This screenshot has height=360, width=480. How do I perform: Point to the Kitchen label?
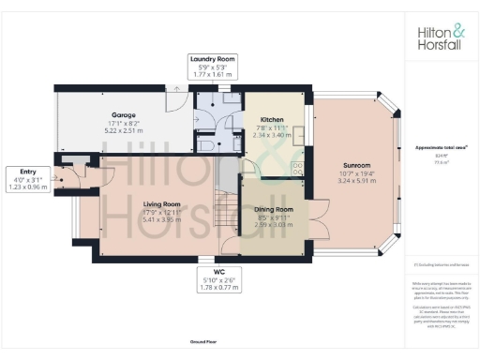coord(272,120)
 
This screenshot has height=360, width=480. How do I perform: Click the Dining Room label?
coord(273,211)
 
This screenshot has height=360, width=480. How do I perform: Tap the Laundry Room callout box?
coord(213,65)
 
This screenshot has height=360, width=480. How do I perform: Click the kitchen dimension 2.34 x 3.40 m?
coord(272,135)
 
